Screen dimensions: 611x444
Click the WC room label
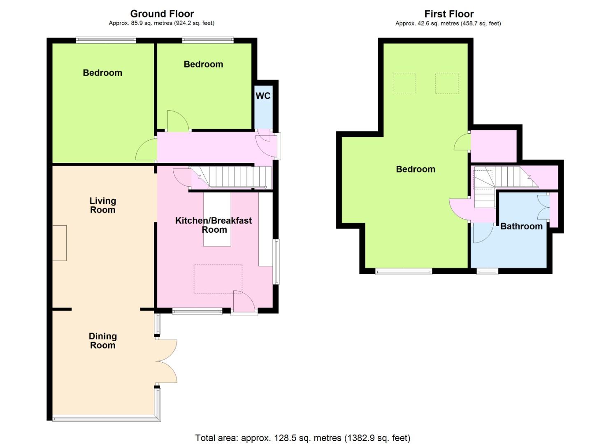pos(263,96)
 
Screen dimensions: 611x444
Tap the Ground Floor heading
pos(162,14)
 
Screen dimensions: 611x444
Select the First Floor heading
pos(449,14)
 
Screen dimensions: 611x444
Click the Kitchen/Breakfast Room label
pos(214,225)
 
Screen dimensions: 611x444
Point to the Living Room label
pos(103,205)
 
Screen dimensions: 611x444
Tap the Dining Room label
pos(103,341)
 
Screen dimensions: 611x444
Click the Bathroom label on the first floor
pos(521,226)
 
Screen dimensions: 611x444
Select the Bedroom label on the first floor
pos(416,169)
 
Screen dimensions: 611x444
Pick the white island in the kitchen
pos(217,220)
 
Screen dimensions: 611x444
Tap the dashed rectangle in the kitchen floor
pos(218,279)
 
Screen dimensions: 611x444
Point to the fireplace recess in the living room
pos(60,243)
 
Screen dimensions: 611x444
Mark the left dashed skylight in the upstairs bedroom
pos(404,83)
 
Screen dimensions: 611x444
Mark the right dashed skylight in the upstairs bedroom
pos(446,83)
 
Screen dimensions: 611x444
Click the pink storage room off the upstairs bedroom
pos(494,146)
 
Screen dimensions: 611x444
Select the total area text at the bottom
pos(303,438)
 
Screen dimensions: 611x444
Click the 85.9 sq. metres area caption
pos(161,23)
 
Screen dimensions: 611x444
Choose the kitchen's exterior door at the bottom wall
pos(244,302)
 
